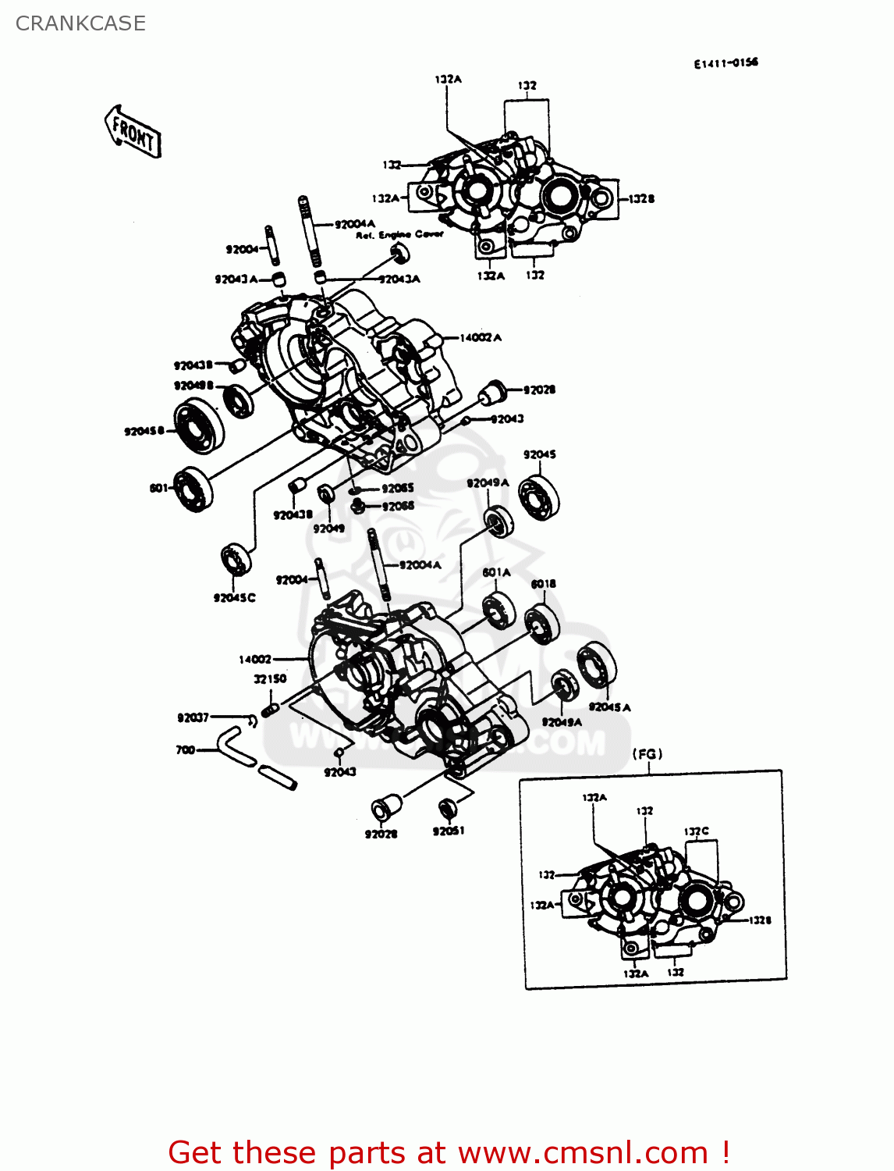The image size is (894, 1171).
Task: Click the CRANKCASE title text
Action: (80, 23)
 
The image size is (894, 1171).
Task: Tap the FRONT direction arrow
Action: (133, 132)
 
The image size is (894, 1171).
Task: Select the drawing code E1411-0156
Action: (725, 63)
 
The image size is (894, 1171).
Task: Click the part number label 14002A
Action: (480, 338)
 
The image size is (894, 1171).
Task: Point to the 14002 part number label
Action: (255, 660)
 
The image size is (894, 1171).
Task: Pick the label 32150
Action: (270, 679)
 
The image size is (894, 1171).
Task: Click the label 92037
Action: (193, 717)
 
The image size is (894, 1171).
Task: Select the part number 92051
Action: (449, 831)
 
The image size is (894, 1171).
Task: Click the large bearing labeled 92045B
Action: (196, 425)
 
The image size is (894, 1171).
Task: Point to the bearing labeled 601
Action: (192, 489)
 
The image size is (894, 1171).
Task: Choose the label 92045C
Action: (234, 598)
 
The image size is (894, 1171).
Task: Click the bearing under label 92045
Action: (540, 496)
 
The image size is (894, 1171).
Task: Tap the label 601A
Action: (496, 573)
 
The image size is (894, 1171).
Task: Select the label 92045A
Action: (609, 707)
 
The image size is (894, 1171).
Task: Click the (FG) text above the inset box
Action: (647, 754)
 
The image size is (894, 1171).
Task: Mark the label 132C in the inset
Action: (697, 832)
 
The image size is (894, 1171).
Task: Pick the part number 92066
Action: (398, 507)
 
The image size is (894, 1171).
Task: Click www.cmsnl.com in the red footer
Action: (582, 1152)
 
